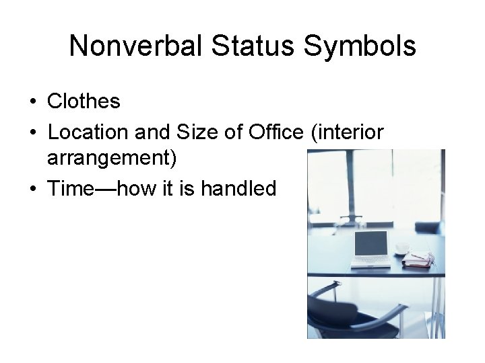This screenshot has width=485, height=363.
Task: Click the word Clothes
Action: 84,102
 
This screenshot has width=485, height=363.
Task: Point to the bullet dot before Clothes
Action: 32,102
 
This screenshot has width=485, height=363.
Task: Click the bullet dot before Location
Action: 32,132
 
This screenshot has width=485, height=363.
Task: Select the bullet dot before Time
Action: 32,189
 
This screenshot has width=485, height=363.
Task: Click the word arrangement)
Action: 112,160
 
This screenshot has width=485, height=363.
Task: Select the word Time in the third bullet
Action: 69,189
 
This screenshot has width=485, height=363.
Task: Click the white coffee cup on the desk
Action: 403,248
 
